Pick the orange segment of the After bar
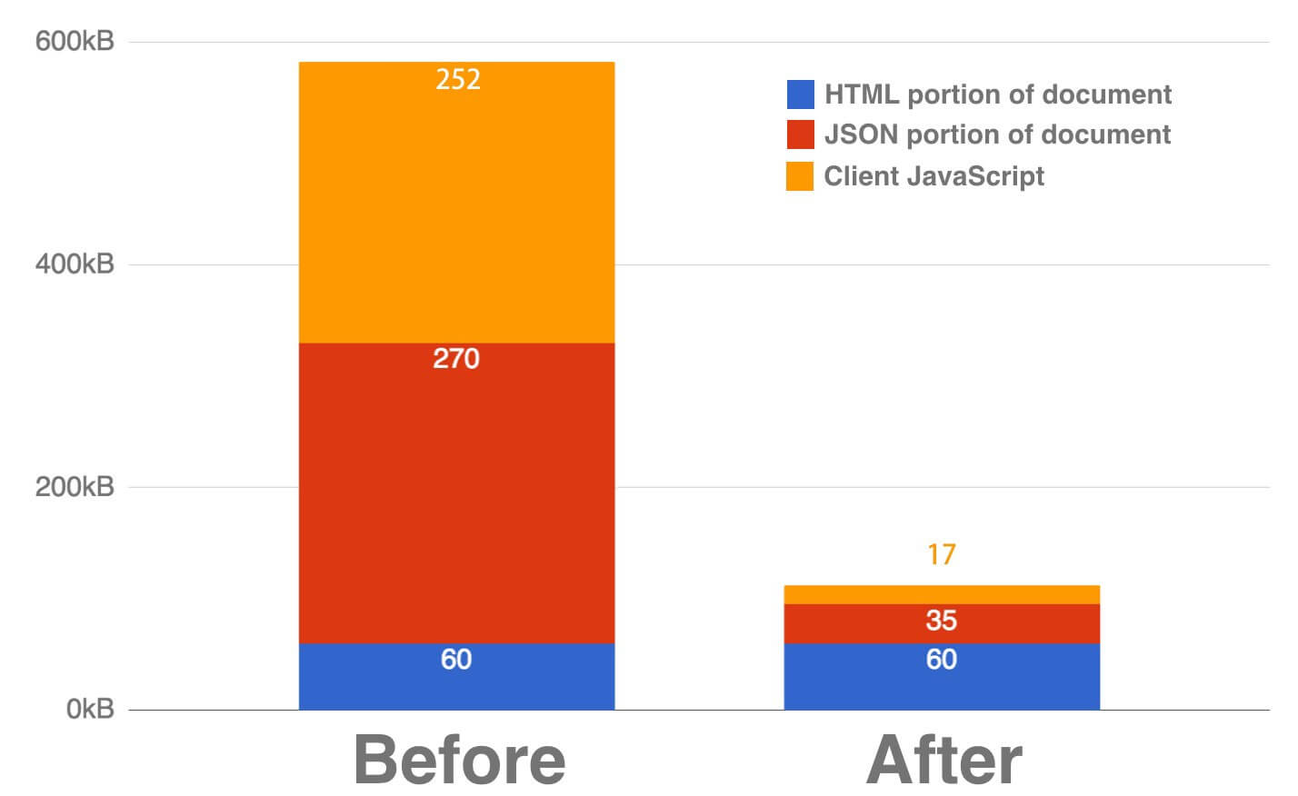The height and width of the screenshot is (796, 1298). tap(942, 594)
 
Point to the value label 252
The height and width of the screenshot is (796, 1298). tap(457, 80)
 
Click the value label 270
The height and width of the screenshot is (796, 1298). tap(456, 359)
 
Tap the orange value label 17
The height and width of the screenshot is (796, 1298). tap(942, 554)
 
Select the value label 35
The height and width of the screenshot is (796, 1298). tap(942, 621)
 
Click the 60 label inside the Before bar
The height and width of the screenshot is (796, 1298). tap(456, 659)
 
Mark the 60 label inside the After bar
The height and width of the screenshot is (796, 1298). tap(942, 659)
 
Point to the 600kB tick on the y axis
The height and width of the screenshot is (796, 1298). tap(75, 42)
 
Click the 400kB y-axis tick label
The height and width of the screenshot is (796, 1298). tap(75, 264)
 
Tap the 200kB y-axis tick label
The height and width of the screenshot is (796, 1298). tap(75, 487)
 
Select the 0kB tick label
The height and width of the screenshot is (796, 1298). tap(90, 709)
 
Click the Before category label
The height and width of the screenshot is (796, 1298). tap(459, 760)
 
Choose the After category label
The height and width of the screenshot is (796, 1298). tap(944, 760)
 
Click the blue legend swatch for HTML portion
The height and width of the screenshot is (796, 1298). tap(800, 95)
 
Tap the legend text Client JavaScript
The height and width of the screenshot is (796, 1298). tap(934, 175)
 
